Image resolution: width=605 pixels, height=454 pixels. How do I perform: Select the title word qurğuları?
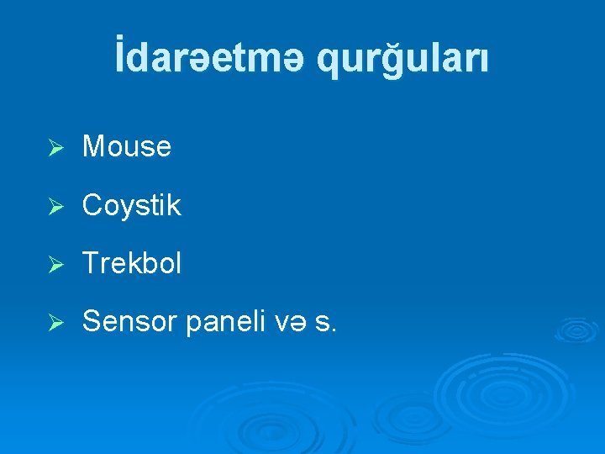point(402,61)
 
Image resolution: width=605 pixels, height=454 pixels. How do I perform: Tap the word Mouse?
point(127,147)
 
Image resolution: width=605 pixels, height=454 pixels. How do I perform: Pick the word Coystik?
point(132,206)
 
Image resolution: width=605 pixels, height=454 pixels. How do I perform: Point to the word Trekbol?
point(132,264)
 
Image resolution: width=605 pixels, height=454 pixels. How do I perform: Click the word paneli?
point(219,321)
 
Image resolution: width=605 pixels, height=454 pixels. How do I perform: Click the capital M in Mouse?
point(93,147)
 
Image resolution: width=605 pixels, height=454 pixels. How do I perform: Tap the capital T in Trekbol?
point(91,264)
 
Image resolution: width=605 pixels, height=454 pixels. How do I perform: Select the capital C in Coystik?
point(92,205)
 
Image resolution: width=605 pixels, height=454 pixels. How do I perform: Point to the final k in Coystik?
point(174,205)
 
